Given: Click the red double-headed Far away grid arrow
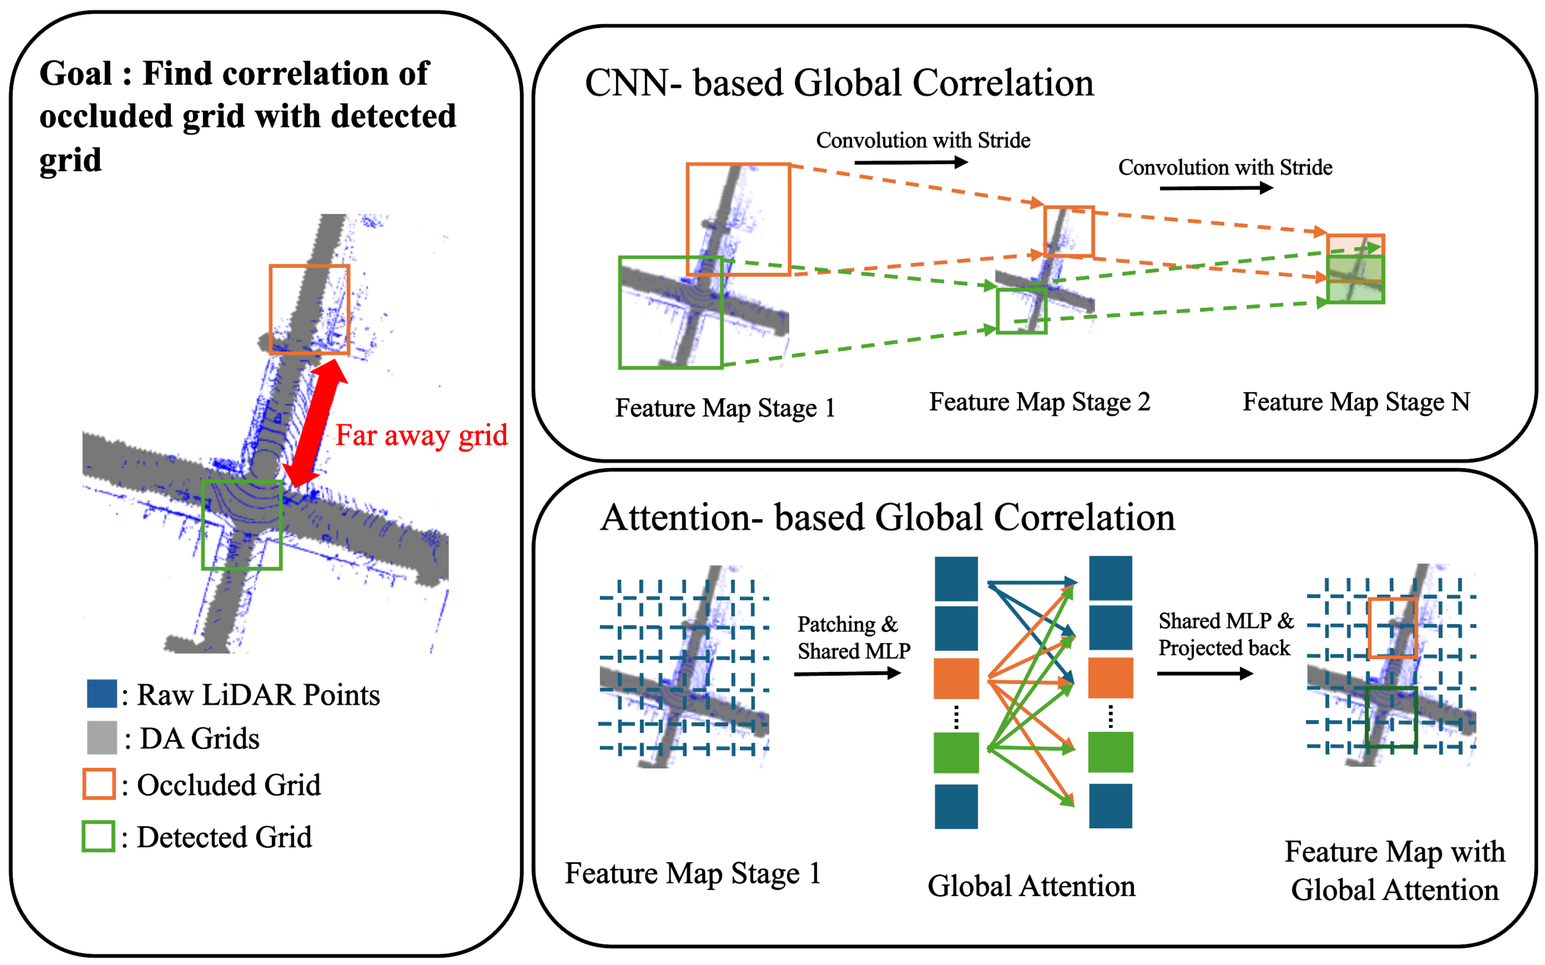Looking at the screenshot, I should tap(316, 423).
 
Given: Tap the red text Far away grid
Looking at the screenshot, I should tap(421, 436).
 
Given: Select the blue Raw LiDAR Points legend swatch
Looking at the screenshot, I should tap(102, 694).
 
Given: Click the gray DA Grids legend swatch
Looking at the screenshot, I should tap(102, 737).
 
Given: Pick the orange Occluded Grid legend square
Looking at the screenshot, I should tap(99, 784).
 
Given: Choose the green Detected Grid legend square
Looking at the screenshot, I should tap(98, 836).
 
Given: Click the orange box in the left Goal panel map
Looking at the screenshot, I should tap(310, 310).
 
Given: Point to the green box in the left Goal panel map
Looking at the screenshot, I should tap(242, 525).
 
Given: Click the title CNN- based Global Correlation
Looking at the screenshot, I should tap(839, 84).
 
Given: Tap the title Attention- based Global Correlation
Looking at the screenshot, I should tap(887, 518).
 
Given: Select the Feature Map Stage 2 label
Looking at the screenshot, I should tap(1039, 402).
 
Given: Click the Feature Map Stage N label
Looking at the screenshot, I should tap(1356, 402).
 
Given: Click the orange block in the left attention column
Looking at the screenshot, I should tap(956, 678).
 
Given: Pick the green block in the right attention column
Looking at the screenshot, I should tap(1110, 752).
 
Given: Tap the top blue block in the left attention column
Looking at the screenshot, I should tap(956, 578).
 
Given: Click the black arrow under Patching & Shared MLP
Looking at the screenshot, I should tap(847, 673).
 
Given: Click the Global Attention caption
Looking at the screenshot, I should tap(1031, 887).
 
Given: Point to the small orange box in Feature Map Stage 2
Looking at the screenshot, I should tap(1069, 232).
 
